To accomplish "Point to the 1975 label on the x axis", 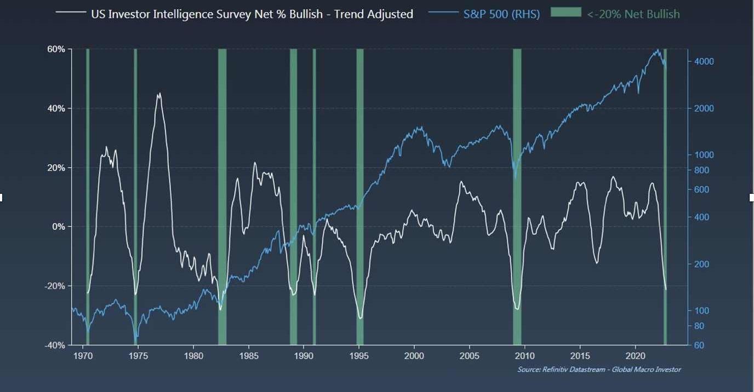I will pyautogui.click(x=138, y=355).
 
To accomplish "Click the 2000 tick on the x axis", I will pyautogui.click(x=414, y=355).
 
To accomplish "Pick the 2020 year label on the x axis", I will pyautogui.click(x=635, y=355).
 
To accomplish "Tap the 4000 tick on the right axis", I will pyautogui.click(x=704, y=61).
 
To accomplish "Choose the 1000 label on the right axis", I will pyautogui.click(x=704, y=155).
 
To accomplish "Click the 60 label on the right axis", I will pyautogui.click(x=700, y=345).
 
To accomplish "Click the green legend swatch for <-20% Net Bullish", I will pyautogui.click(x=566, y=12).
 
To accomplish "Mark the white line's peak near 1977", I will pyautogui.click(x=159, y=94).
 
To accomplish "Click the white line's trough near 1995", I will pyautogui.click(x=360, y=318).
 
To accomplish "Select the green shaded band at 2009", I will pyautogui.click(x=517, y=197).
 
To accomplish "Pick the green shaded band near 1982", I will pyautogui.click(x=222, y=197).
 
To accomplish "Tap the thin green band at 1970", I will pyautogui.click(x=88, y=197).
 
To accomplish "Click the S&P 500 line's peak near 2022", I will pyautogui.click(x=658, y=50).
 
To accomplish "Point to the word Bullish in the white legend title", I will pyautogui.click(x=306, y=14).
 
